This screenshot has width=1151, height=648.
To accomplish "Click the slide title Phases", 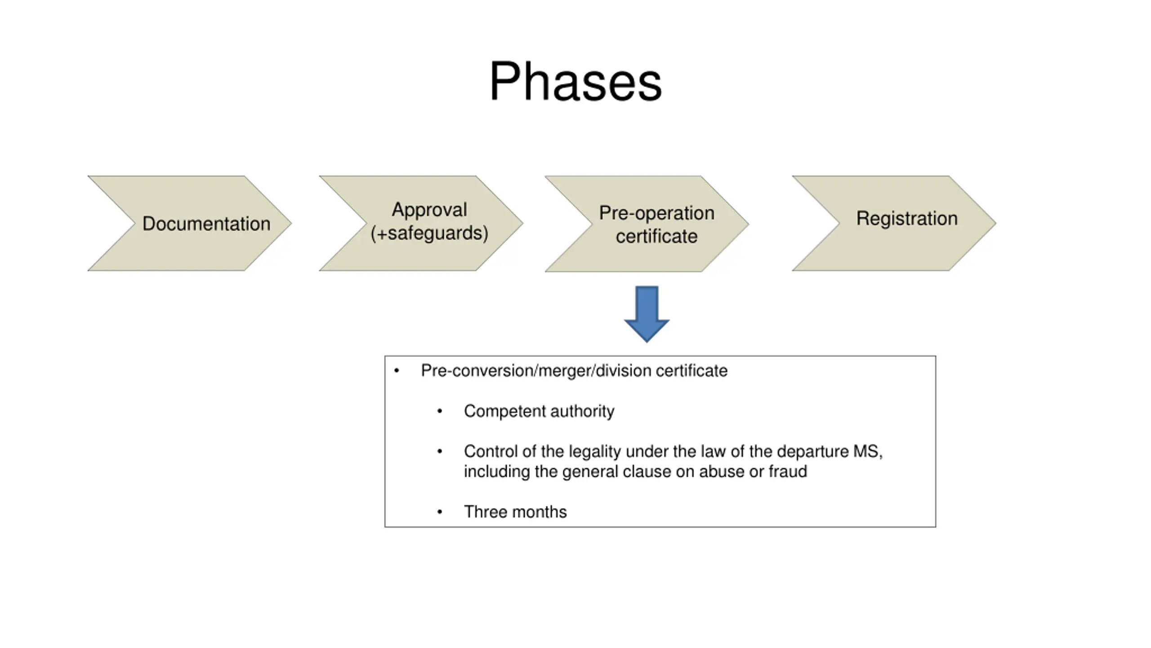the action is [575, 82].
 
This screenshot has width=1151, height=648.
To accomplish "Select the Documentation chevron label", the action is [206, 224].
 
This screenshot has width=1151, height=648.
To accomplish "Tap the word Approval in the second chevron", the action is [429, 210].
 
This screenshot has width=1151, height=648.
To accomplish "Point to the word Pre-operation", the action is [656, 213].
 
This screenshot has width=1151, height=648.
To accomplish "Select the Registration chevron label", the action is [907, 219].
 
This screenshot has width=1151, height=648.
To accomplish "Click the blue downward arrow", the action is [647, 314].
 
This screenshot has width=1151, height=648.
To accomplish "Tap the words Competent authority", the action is [539, 411].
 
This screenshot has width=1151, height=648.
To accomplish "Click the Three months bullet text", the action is [515, 512].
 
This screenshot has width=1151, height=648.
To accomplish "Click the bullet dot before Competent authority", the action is [440, 411].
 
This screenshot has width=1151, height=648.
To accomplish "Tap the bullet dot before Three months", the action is [440, 512].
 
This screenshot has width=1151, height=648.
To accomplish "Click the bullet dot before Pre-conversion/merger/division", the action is [397, 371].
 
